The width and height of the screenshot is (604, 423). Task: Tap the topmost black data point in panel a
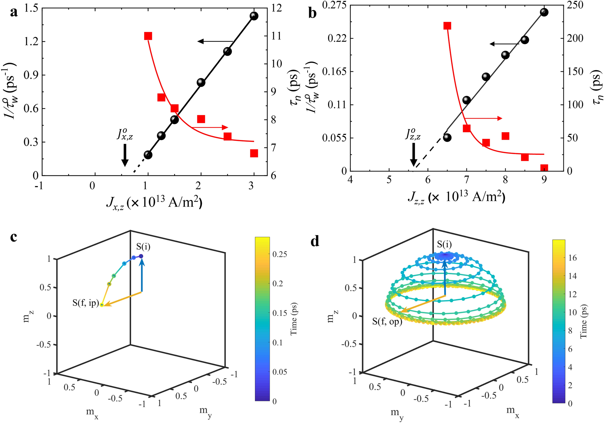click(254, 16)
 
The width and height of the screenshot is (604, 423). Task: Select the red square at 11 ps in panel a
click(148, 36)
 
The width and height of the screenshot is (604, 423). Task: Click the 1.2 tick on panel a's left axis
click(31, 42)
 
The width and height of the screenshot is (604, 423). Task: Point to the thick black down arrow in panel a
click(125, 155)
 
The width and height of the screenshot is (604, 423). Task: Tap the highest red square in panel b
click(447, 26)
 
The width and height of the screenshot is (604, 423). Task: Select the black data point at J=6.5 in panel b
click(447, 138)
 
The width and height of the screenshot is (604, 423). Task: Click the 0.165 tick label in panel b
click(334, 72)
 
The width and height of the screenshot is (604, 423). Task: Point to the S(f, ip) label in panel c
click(86, 303)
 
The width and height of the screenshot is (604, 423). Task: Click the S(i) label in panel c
click(143, 247)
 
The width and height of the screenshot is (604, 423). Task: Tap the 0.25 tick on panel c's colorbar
click(280, 254)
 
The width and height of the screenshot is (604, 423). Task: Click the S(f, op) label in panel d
click(387, 322)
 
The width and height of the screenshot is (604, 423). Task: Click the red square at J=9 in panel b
click(544, 168)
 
